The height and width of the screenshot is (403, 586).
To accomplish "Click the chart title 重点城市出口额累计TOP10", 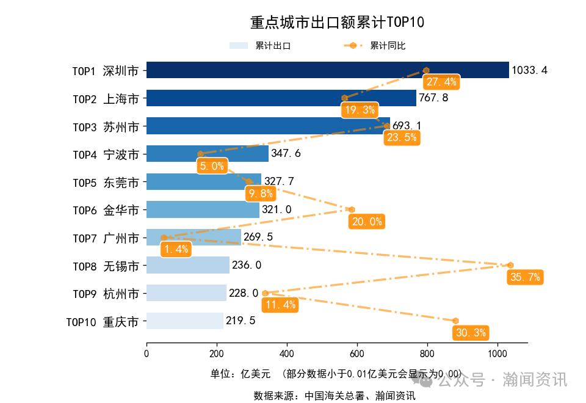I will coord(337,23).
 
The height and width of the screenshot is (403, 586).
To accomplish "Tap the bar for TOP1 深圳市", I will coord(327,70).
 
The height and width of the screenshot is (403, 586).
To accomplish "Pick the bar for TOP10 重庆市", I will coord(185,321).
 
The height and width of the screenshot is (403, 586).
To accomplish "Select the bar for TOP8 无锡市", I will coord(188,266).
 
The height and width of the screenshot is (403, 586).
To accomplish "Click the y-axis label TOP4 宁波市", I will coord(105,154).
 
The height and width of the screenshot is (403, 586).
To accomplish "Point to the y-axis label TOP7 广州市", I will coord(105,238).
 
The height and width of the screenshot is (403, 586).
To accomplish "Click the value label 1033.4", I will coord(529,70).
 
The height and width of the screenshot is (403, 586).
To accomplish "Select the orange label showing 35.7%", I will coord(525,277).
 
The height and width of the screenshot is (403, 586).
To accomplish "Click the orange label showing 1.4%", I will coord(176,249).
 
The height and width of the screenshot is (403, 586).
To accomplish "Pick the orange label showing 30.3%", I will coord(470,333).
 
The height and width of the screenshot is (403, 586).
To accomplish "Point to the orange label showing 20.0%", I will coord(366,222).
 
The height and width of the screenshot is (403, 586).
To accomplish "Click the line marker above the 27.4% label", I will coord(426,70).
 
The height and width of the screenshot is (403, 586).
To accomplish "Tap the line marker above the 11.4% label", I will coord(265,293).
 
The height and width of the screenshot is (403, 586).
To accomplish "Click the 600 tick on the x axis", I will coord(357,353).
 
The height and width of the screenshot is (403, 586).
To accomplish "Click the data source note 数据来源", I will coord(335,396).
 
